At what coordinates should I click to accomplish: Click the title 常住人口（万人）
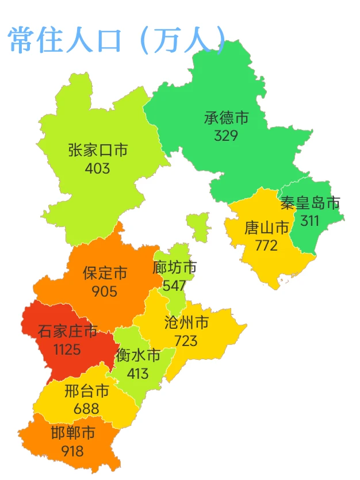[x=116, y=40]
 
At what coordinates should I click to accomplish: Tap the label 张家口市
[x=98, y=151]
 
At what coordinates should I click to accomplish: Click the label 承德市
[x=226, y=118]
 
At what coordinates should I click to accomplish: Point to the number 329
[x=226, y=136]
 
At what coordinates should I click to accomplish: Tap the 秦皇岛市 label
[x=310, y=203]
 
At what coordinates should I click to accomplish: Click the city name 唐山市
[x=267, y=228]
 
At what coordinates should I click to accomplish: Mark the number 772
[x=266, y=245]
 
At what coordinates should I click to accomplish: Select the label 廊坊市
[x=175, y=268]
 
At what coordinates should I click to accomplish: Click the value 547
[x=174, y=285]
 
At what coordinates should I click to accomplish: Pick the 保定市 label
[x=105, y=272]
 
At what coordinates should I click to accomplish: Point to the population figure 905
[x=104, y=291]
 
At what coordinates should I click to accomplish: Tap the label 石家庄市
[x=68, y=332]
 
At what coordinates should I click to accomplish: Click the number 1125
[x=67, y=349]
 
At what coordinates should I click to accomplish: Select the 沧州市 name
[x=186, y=323]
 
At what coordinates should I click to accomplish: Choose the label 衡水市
[x=138, y=356]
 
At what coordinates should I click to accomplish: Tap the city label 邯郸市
[x=73, y=433]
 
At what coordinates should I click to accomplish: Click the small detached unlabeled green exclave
[x=198, y=226]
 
